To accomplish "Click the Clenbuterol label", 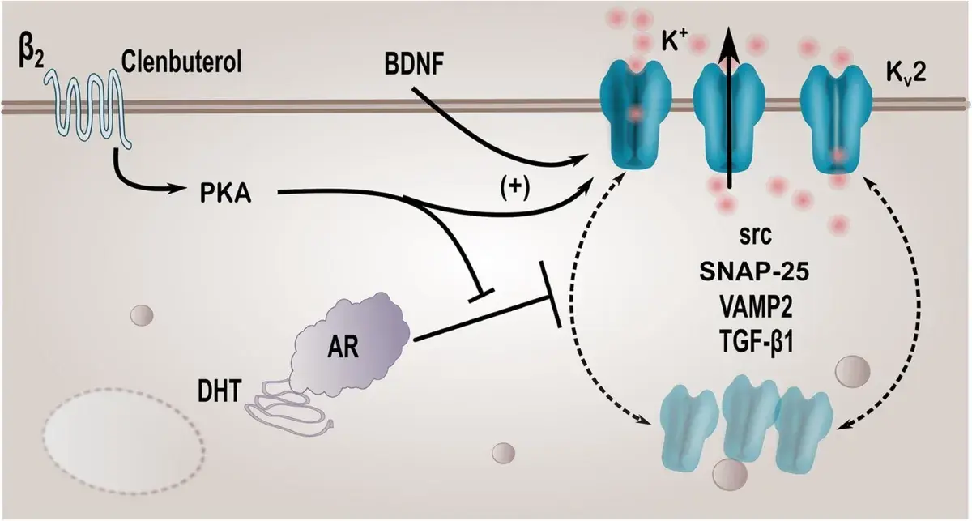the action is [181, 62].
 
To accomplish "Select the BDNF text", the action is [414, 64].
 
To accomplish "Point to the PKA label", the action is [225, 193].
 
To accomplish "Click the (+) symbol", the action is [515, 190].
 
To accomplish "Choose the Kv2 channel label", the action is [906, 74].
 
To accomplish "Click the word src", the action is [755, 236].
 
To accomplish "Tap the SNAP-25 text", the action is [754, 272].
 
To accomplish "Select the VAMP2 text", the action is [755, 307].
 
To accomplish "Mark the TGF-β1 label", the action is [755, 342].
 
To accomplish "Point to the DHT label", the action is [219, 391].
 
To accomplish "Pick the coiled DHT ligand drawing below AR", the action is [288, 402].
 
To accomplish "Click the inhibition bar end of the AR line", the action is [551, 294].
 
